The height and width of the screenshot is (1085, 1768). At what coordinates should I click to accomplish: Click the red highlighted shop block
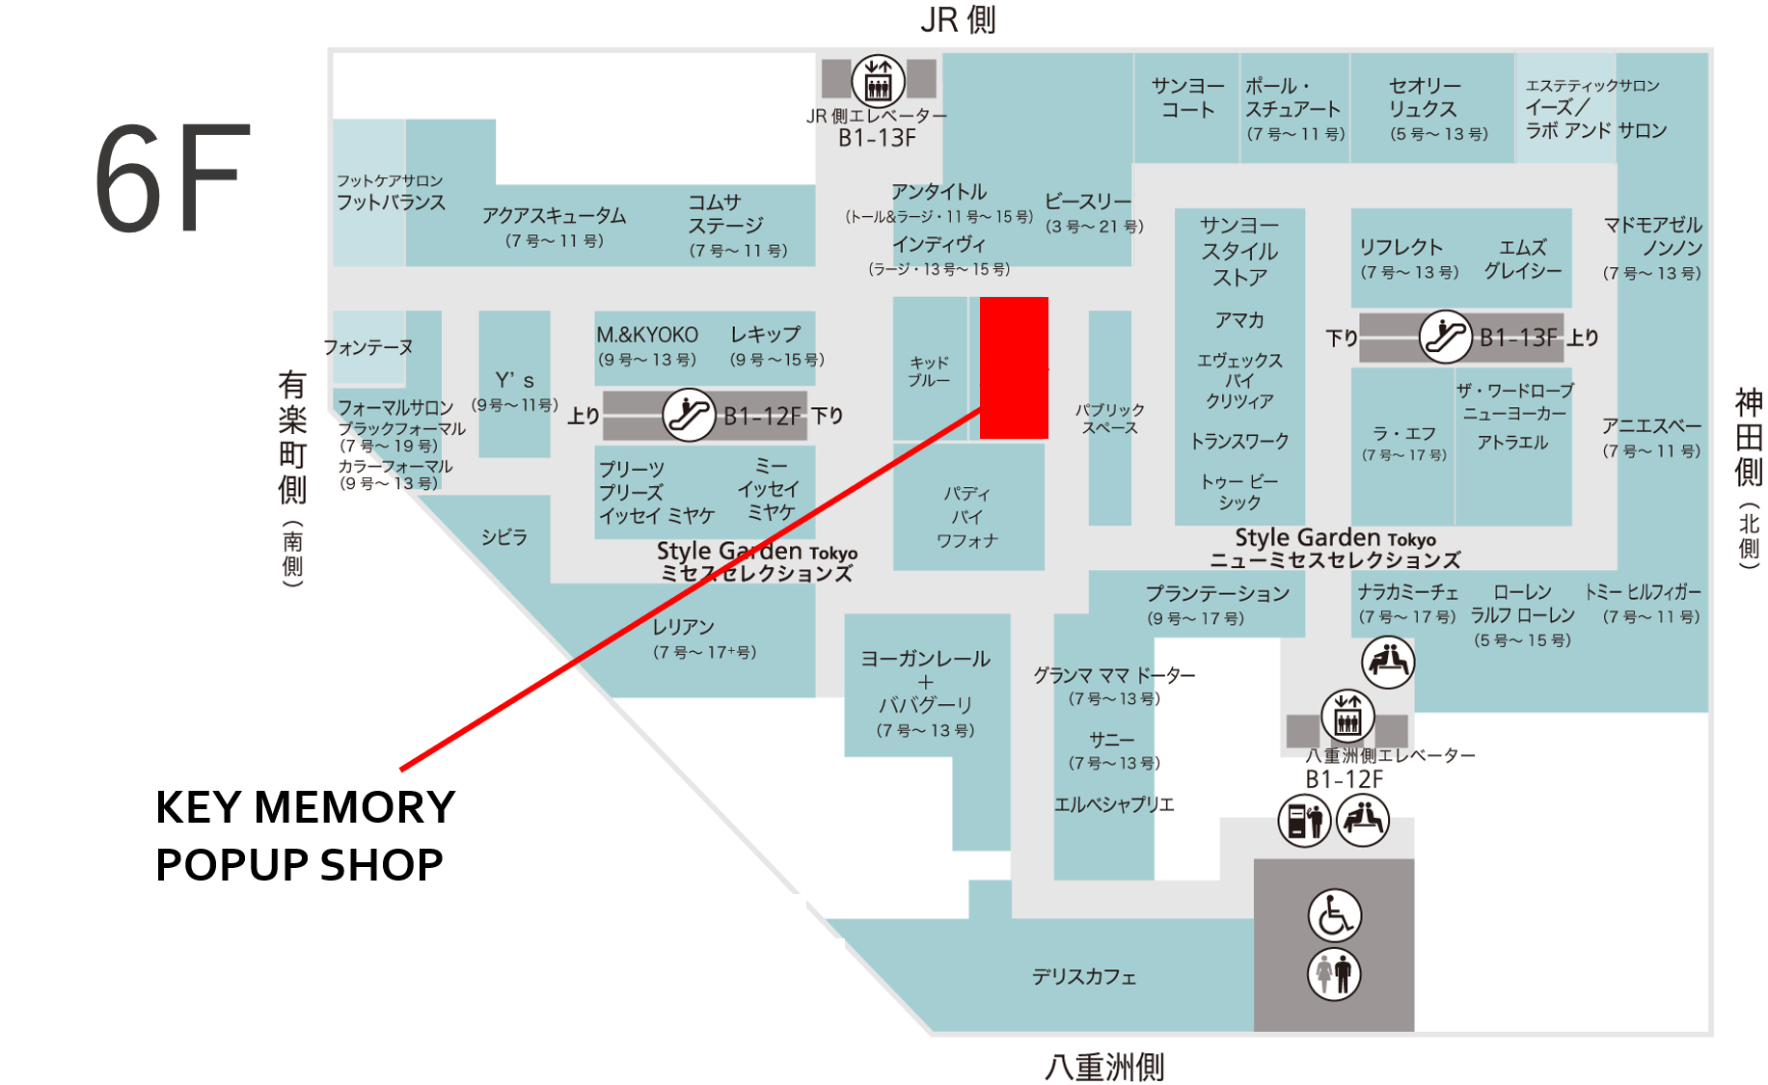[1014, 367]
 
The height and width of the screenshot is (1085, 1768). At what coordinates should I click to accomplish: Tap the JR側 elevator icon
[878, 80]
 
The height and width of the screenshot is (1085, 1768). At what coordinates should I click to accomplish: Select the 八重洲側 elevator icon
[1347, 717]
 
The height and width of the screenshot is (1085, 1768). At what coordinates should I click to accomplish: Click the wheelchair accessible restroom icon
[1334, 915]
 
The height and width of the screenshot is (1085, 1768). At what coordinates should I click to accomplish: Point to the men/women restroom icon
[1334, 973]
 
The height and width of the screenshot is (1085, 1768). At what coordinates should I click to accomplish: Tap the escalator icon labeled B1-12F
[689, 415]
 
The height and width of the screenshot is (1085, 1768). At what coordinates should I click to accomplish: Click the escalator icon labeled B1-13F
[1445, 337]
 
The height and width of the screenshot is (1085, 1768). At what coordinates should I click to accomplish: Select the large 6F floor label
[168, 178]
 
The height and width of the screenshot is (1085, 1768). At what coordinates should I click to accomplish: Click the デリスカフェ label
[1084, 977]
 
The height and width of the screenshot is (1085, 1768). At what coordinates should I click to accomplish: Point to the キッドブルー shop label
[930, 371]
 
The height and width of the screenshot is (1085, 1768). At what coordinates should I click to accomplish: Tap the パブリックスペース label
[1109, 419]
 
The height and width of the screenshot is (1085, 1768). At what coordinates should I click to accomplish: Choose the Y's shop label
[514, 380]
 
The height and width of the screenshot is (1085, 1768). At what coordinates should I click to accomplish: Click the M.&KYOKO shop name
[647, 335]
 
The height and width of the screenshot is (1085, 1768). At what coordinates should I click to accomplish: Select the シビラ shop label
[504, 537]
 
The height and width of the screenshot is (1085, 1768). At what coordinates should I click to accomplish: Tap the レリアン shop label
[683, 627]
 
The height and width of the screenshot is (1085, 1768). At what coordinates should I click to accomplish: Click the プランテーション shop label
[1217, 593]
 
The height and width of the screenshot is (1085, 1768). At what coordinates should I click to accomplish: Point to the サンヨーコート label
[1188, 97]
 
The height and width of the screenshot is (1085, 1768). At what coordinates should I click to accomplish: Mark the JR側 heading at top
[958, 19]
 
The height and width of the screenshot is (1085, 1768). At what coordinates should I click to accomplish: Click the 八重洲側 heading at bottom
[1104, 1067]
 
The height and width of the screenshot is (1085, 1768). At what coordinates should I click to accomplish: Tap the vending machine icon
[1304, 821]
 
